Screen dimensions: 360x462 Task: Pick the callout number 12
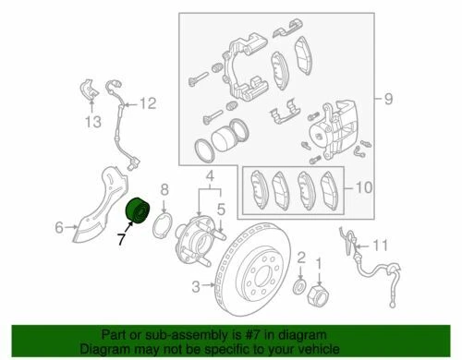pyautogui.click(x=148, y=103)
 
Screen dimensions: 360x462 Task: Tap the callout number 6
pyautogui.click(x=59, y=226)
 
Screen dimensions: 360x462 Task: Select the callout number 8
pyautogui.click(x=164, y=189)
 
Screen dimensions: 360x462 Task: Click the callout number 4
pyautogui.click(x=209, y=175)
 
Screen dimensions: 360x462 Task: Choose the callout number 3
pyautogui.click(x=195, y=287)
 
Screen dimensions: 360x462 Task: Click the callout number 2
pyautogui.click(x=301, y=256)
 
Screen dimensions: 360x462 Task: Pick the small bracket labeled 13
pyautogui.click(x=89, y=89)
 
